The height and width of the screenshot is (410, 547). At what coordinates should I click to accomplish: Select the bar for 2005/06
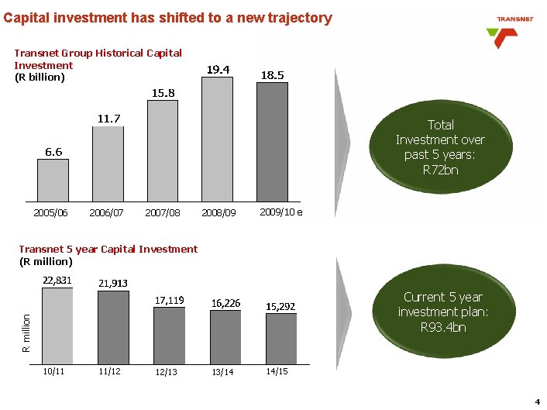coord(53,180)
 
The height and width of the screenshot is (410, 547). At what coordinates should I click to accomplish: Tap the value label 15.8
coord(163,93)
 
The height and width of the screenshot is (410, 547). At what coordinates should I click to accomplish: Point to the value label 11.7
coord(108,119)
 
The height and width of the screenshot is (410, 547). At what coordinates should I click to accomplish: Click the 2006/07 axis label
coord(107,212)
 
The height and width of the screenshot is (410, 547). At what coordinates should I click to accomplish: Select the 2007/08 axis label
coord(163,212)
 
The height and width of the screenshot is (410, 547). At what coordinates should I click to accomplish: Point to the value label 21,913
coord(114,284)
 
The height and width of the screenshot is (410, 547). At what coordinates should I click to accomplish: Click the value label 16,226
coord(225,303)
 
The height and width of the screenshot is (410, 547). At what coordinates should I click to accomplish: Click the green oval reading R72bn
coord(440,146)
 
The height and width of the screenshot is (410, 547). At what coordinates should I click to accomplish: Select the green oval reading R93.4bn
coord(442,312)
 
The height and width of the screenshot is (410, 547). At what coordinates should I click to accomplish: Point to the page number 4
coord(537,401)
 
